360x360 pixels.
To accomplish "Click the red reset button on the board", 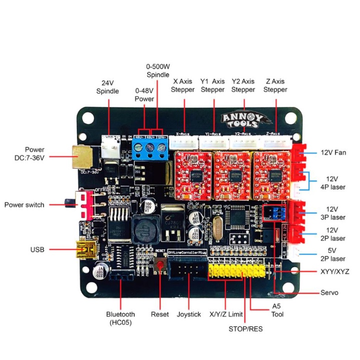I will (160, 265).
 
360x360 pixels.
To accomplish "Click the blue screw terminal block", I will (149, 147).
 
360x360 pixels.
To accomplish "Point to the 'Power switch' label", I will (24, 204).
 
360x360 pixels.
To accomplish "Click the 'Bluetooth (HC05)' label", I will (120, 318).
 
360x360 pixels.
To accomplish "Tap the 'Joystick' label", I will (188, 314).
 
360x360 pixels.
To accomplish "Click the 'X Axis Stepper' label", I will (182, 85).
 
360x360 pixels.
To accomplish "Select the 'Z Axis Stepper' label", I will (275, 85).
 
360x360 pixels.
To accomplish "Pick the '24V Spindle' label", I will (107, 87).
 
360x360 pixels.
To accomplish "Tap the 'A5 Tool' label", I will (277, 310).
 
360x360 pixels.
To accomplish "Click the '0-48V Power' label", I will (144, 95).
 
